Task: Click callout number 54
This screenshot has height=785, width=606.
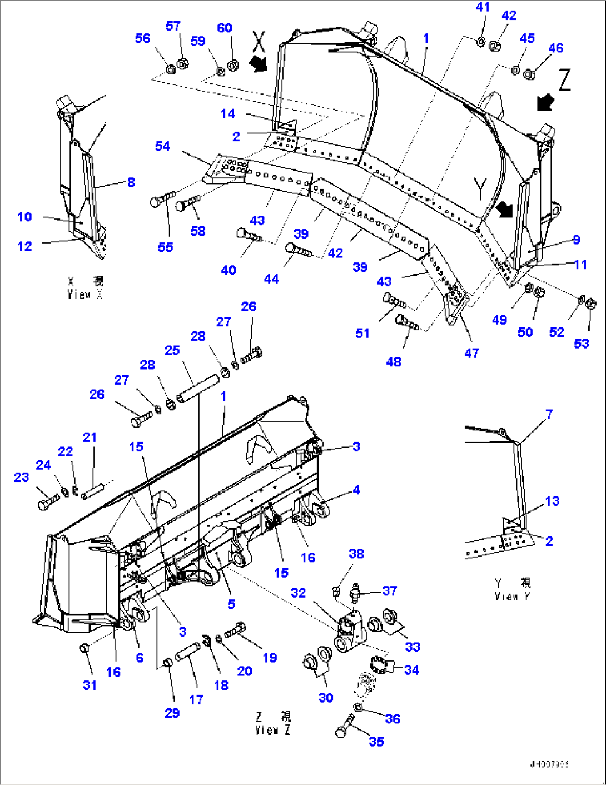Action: pos(162,146)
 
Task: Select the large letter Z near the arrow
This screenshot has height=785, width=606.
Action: pos(564,81)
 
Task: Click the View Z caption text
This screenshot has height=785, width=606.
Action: pos(273,723)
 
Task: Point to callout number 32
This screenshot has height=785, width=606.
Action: pos(298,593)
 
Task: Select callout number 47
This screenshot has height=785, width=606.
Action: pos(471,353)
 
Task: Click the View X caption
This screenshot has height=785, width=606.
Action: pos(85,288)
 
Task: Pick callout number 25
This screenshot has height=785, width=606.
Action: pos(172,350)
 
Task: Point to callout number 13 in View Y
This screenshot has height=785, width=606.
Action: pos(552,501)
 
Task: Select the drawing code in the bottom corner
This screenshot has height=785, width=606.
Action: pos(549,764)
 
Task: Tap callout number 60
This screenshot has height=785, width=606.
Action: pos(225,28)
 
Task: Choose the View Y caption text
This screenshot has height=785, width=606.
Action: pos(513,589)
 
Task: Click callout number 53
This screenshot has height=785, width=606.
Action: pos(582,344)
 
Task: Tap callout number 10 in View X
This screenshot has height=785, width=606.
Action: pos(24,217)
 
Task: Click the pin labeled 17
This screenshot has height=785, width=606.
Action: pos(187,652)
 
